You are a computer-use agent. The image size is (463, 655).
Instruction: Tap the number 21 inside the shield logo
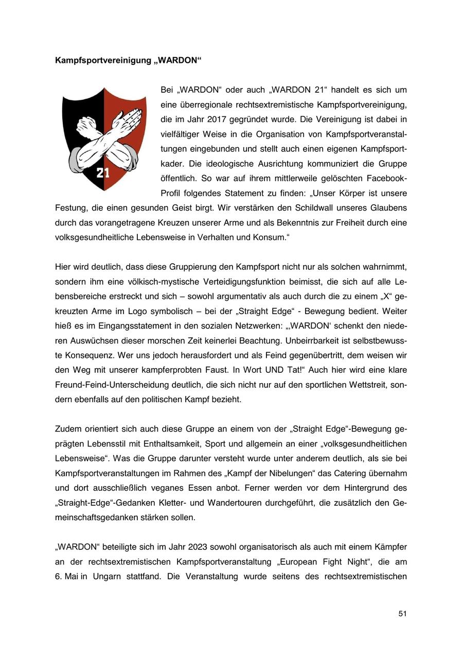[103, 173]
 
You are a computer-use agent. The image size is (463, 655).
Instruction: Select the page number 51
[402, 613]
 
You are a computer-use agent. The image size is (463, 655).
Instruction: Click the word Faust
[208, 370]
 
